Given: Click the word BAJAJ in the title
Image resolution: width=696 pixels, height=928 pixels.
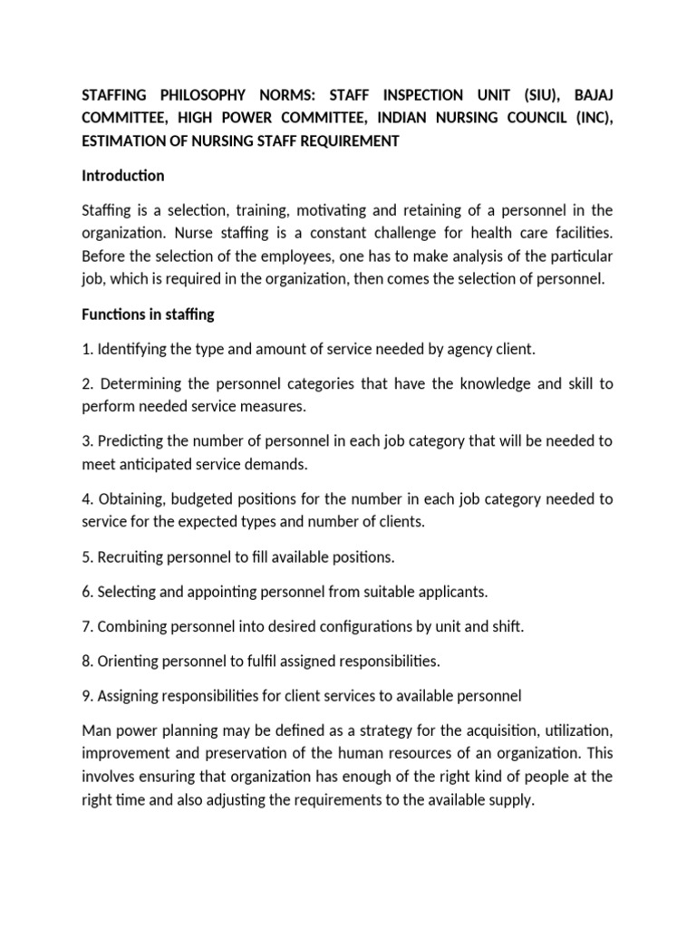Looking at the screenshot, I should coord(586,95).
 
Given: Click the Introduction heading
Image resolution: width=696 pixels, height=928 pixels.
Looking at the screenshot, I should coord(122,176).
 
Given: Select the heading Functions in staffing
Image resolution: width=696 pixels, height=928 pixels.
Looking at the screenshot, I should coord(148,314).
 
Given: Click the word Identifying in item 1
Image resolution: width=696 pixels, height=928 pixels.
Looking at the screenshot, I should coord(134,349).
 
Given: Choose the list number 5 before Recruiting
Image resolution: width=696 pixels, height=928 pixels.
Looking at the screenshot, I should coord(86,556).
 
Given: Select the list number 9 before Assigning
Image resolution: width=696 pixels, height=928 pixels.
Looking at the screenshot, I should coord(86,695).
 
